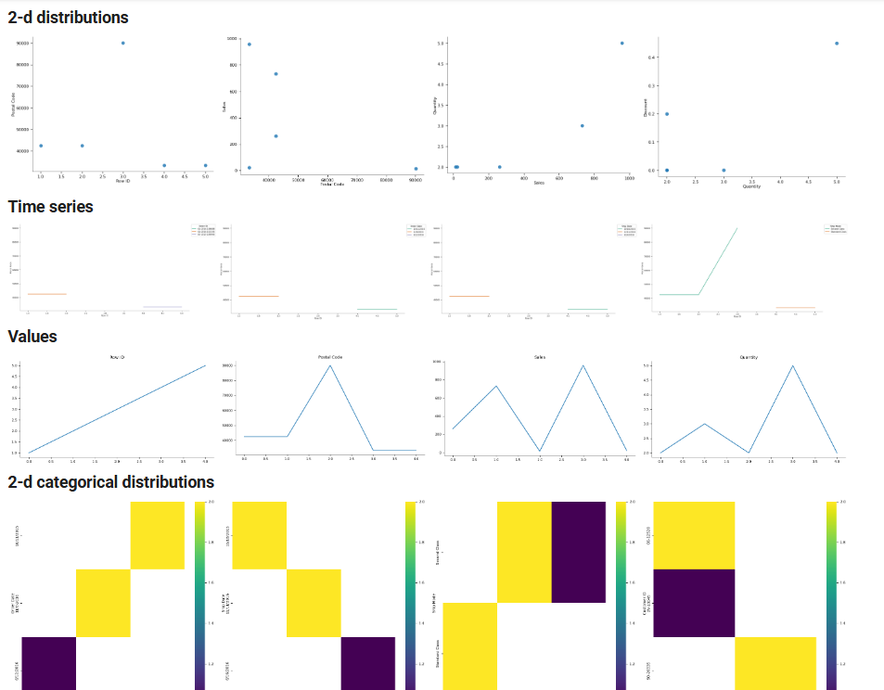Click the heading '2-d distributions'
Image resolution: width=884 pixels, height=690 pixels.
[x=68, y=18]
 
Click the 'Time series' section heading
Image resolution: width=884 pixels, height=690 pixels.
[x=51, y=207]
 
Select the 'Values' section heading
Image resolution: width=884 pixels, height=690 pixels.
[x=32, y=337]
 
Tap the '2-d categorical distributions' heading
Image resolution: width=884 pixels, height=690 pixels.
[x=110, y=482]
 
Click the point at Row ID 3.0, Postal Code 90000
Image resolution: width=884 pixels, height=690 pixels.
[x=122, y=43]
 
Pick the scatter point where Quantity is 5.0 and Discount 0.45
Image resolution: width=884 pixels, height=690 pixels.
[x=837, y=43]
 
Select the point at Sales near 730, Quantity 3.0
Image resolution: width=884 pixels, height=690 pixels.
[x=582, y=125]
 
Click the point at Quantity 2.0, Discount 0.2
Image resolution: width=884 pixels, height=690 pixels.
[x=667, y=114]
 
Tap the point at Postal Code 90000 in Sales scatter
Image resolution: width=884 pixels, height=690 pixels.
[x=416, y=169]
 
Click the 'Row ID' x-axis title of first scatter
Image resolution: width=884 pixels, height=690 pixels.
[x=122, y=181]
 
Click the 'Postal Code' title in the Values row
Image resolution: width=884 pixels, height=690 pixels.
[x=329, y=356]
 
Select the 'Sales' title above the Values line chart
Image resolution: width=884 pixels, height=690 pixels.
[x=539, y=356]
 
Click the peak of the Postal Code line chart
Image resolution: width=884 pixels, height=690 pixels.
[x=329, y=365]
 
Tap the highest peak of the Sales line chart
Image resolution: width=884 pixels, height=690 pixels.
[x=583, y=365]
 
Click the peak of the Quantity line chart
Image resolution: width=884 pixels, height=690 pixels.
[x=793, y=365]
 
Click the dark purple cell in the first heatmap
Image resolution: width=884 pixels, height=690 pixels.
[x=48, y=663]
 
